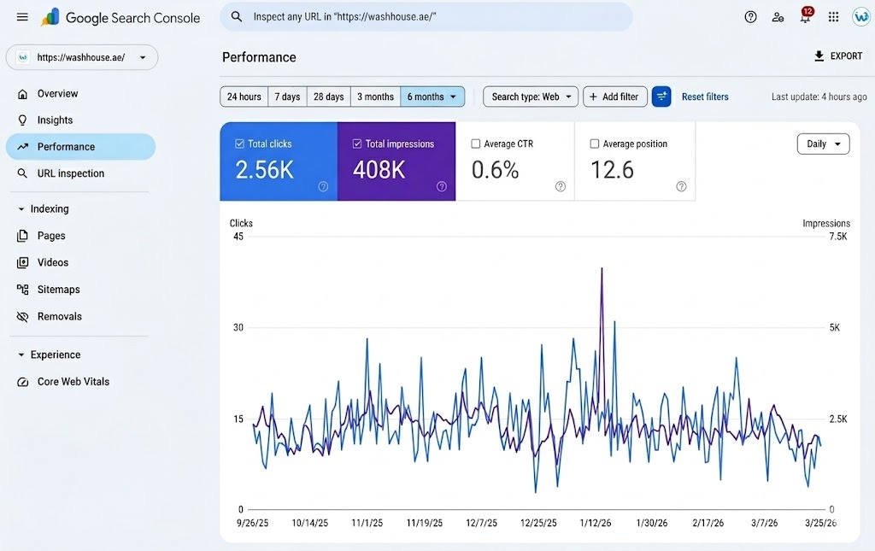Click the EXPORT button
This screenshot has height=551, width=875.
click(838, 56)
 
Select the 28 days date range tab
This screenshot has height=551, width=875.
click(328, 97)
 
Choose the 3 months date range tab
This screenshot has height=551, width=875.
click(375, 97)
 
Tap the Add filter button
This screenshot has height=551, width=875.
click(614, 97)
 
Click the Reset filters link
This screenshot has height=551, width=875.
click(705, 97)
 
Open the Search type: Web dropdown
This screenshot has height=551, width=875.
click(531, 97)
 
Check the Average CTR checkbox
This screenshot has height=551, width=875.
click(476, 144)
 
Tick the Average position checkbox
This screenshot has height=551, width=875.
click(595, 144)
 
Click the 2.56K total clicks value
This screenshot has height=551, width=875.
click(264, 170)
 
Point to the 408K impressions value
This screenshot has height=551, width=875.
click(379, 170)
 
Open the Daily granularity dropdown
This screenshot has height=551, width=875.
click(823, 144)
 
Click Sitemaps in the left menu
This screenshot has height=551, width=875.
click(58, 290)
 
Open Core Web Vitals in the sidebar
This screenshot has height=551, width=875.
click(73, 382)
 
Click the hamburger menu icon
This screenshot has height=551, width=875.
click(22, 17)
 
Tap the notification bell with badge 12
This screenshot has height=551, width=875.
click(805, 17)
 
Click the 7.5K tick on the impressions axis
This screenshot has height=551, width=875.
click(837, 237)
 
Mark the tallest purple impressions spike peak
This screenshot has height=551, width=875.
click(602, 268)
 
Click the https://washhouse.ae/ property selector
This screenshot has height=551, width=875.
click(81, 57)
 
